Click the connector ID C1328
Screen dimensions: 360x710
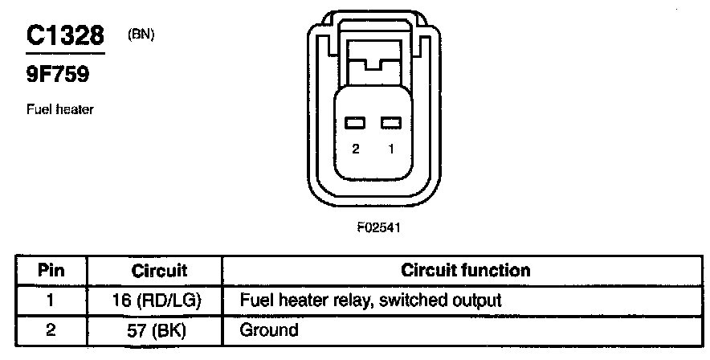(x=64, y=35)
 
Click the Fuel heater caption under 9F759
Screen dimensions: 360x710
(x=60, y=109)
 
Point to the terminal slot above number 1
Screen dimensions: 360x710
(x=391, y=123)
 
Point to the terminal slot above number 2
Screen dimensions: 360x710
(x=355, y=123)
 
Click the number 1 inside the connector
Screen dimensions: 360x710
(x=391, y=149)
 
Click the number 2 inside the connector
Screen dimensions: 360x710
(x=355, y=149)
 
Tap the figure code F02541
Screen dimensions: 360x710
(x=378, y=227)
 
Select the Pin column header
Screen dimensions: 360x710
(x=51, y=270)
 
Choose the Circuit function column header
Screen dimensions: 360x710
(x=465, y=270)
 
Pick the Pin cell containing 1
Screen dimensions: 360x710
(x=51, y=301)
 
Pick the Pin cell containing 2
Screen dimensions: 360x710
(x=51, y=329)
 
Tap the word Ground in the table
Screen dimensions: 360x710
(x=269, y=329)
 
